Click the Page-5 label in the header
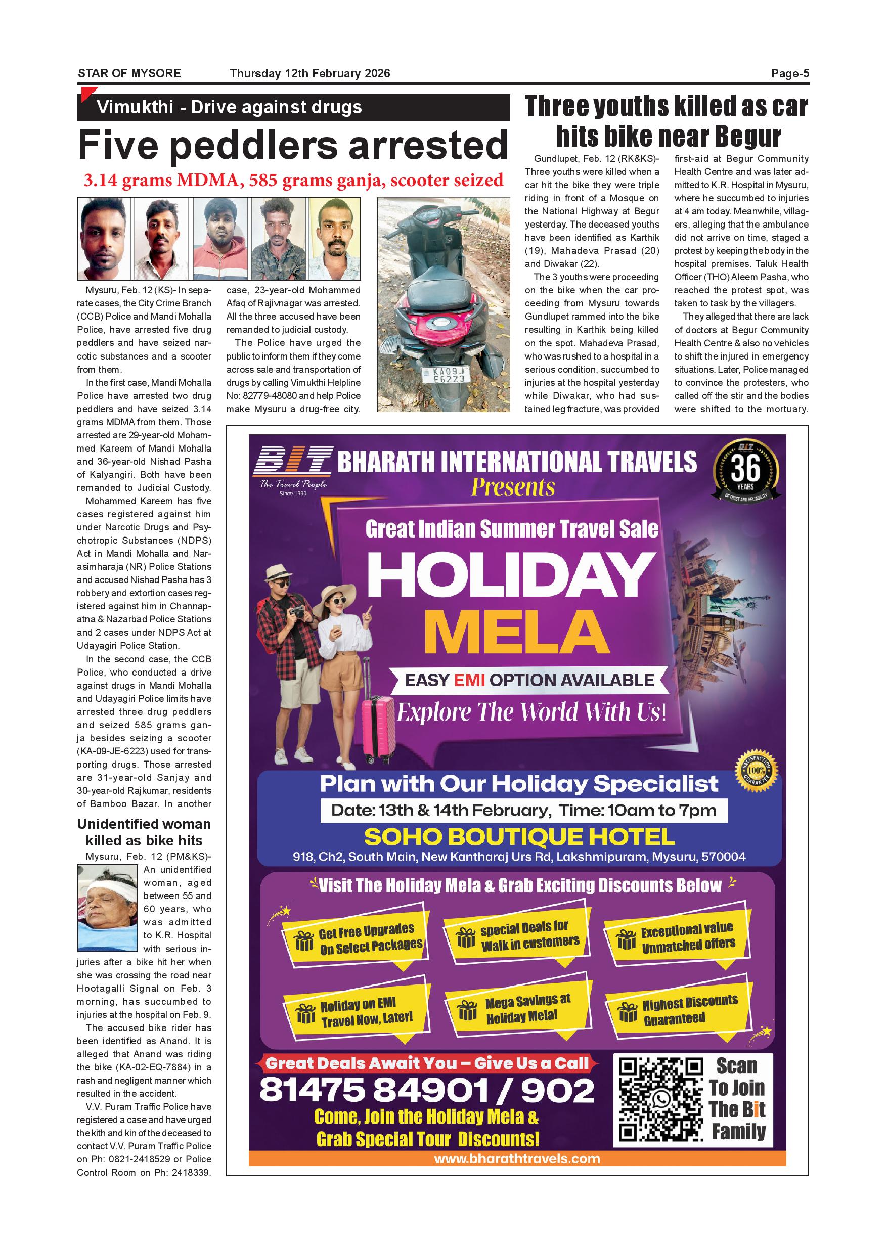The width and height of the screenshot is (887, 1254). (x=789, y=73)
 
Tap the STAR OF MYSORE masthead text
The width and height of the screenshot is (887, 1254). (x=129, y=73)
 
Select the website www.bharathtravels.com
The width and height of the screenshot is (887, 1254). (x=517, y=1158)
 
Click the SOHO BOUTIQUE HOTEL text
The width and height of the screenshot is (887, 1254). (x=519, y=837)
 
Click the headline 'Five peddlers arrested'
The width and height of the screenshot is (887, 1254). (x=293, y=145)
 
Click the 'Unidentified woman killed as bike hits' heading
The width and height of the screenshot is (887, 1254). (x=144, y=832)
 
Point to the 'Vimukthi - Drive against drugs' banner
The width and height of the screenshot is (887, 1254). (x=293, y=107)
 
